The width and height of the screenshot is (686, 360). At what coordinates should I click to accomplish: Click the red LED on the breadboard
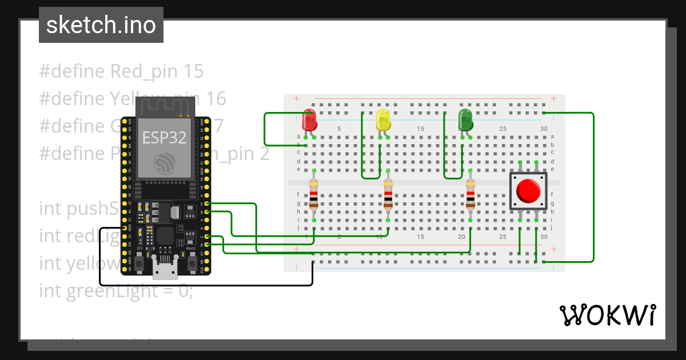309,121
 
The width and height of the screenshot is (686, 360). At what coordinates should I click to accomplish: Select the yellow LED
383,121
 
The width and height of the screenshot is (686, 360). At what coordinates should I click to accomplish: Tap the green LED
465,121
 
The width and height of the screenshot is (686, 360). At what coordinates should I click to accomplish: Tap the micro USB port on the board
166,270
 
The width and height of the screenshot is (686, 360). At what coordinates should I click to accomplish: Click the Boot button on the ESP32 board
192,263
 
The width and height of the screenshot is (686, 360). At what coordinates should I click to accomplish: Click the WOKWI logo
607,315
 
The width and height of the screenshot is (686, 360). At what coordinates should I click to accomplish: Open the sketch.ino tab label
101,25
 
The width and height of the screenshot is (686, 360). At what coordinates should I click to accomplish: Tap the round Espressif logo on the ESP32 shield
164,163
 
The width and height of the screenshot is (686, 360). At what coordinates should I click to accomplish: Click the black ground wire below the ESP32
206,285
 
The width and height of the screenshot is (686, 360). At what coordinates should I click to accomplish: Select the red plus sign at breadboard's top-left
296,99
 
